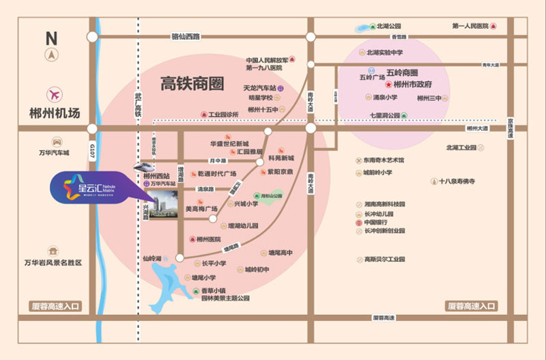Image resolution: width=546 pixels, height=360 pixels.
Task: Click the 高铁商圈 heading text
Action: [x=192, y=84]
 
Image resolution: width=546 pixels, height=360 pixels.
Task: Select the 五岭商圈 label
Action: [x=402, y=72]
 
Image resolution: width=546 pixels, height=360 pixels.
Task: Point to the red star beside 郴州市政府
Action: [x=389, y=85]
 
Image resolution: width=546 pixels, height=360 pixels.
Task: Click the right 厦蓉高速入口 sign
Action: [x=470, y=306]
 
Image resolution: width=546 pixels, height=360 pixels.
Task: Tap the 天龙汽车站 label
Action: [x=259, y=89]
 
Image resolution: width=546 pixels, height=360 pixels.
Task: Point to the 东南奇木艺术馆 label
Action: [x=384, y=160]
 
